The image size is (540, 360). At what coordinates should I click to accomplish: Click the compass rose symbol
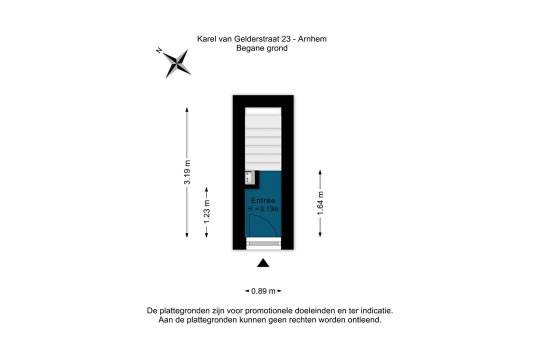pyautogui.click(x=177, y=63)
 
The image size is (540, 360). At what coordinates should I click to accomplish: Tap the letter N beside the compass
pyautogui.click(x=159, y=50)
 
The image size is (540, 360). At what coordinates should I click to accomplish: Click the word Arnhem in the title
pyautogui.click(x=312, y=39)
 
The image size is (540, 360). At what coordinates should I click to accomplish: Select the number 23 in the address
pyautogui.click(x=285, y=39)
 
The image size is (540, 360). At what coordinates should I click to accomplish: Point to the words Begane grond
pyautogui.click(x=261, y=48)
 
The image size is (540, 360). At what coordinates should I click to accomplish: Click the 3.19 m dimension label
pyautogui.click(x=187, y=172)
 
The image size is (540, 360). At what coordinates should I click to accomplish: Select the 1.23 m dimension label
pyautogui.click(x=206, y=211)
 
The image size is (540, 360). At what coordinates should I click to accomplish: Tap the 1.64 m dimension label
pyautogui.click(x=320, y=203)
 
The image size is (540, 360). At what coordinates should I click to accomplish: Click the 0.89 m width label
pyautogui.click(x=263, y=291)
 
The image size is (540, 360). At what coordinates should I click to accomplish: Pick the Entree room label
pyautogui.click(x=263, y=200)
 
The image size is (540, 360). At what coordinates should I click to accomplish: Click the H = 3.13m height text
pyautogui.click(x=263, y=209)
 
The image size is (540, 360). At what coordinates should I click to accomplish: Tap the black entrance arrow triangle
pyautogui.click(x=263, y=263)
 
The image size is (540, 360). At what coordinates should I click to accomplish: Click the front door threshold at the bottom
pyautogui.click(x=263, y=243)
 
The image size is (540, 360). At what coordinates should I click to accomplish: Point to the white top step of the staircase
pyautogui.click(x=263, y=111)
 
